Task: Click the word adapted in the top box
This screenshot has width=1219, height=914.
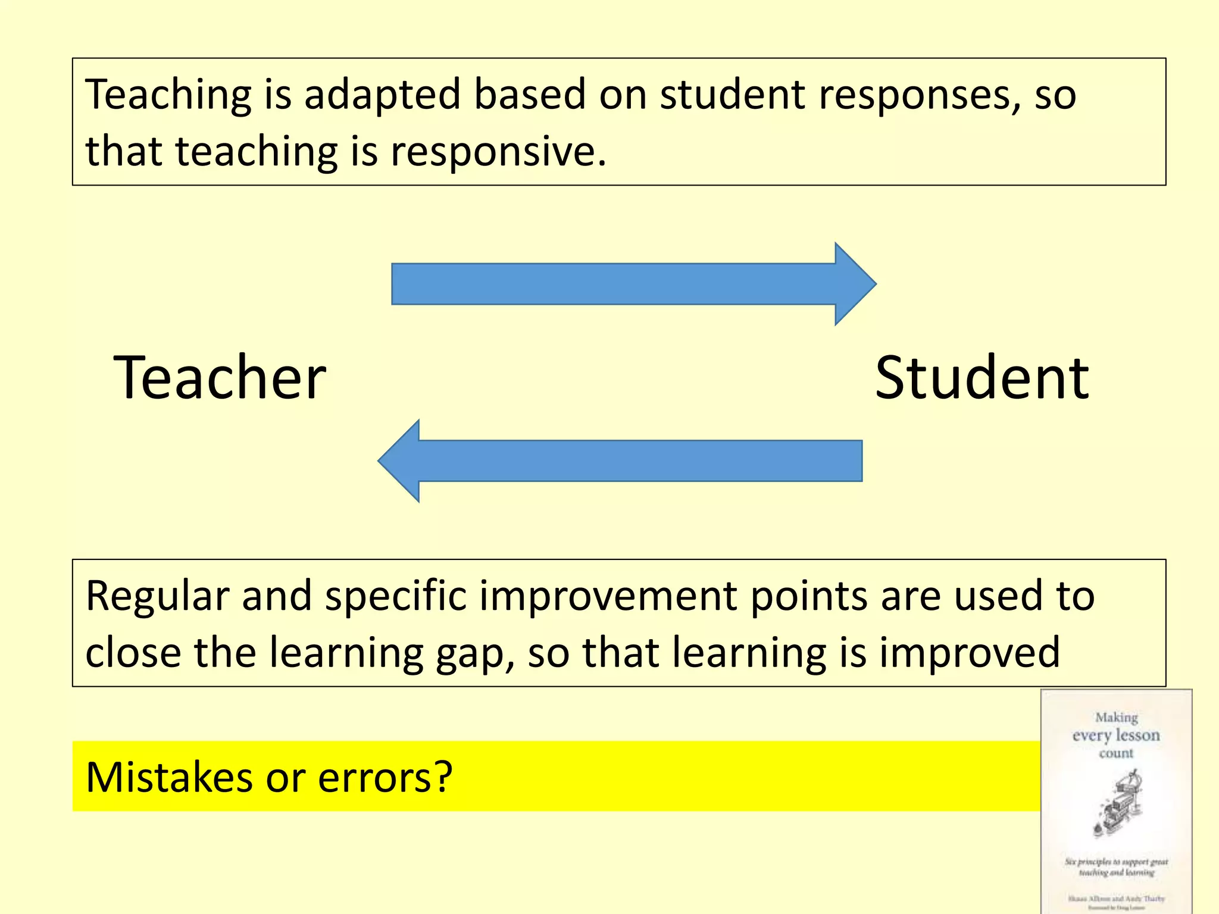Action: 382,95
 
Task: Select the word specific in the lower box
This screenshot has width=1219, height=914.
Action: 396,597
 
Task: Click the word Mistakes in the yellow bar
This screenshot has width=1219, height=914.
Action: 168,777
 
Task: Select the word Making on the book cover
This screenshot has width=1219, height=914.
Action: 1117,718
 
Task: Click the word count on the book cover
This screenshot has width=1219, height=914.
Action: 1117,753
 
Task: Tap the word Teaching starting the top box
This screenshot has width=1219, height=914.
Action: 168,95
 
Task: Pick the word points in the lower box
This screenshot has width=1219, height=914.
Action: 809,597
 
